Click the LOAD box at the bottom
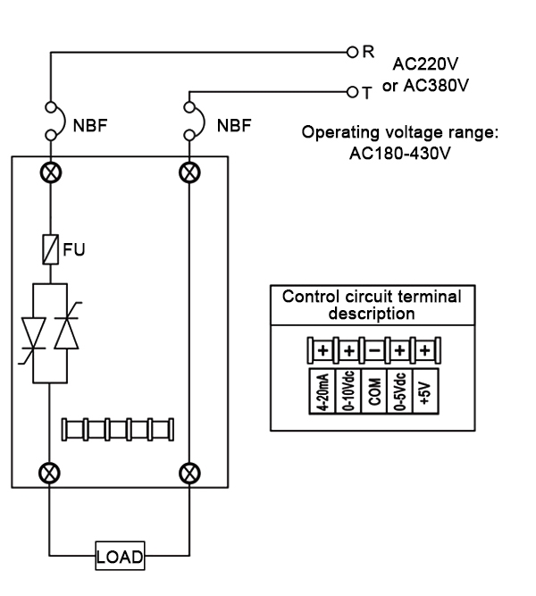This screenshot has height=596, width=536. click(x=119, y=556)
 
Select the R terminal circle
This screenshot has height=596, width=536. click(x=354, y=51)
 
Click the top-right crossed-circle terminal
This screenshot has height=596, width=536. click(x=189, y=170)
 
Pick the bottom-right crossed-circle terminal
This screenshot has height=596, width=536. click(x=189, y=470)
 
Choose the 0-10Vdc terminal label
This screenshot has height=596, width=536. click(x=344, y=391)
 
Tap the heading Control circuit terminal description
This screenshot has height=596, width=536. click(x=372, y=305)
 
